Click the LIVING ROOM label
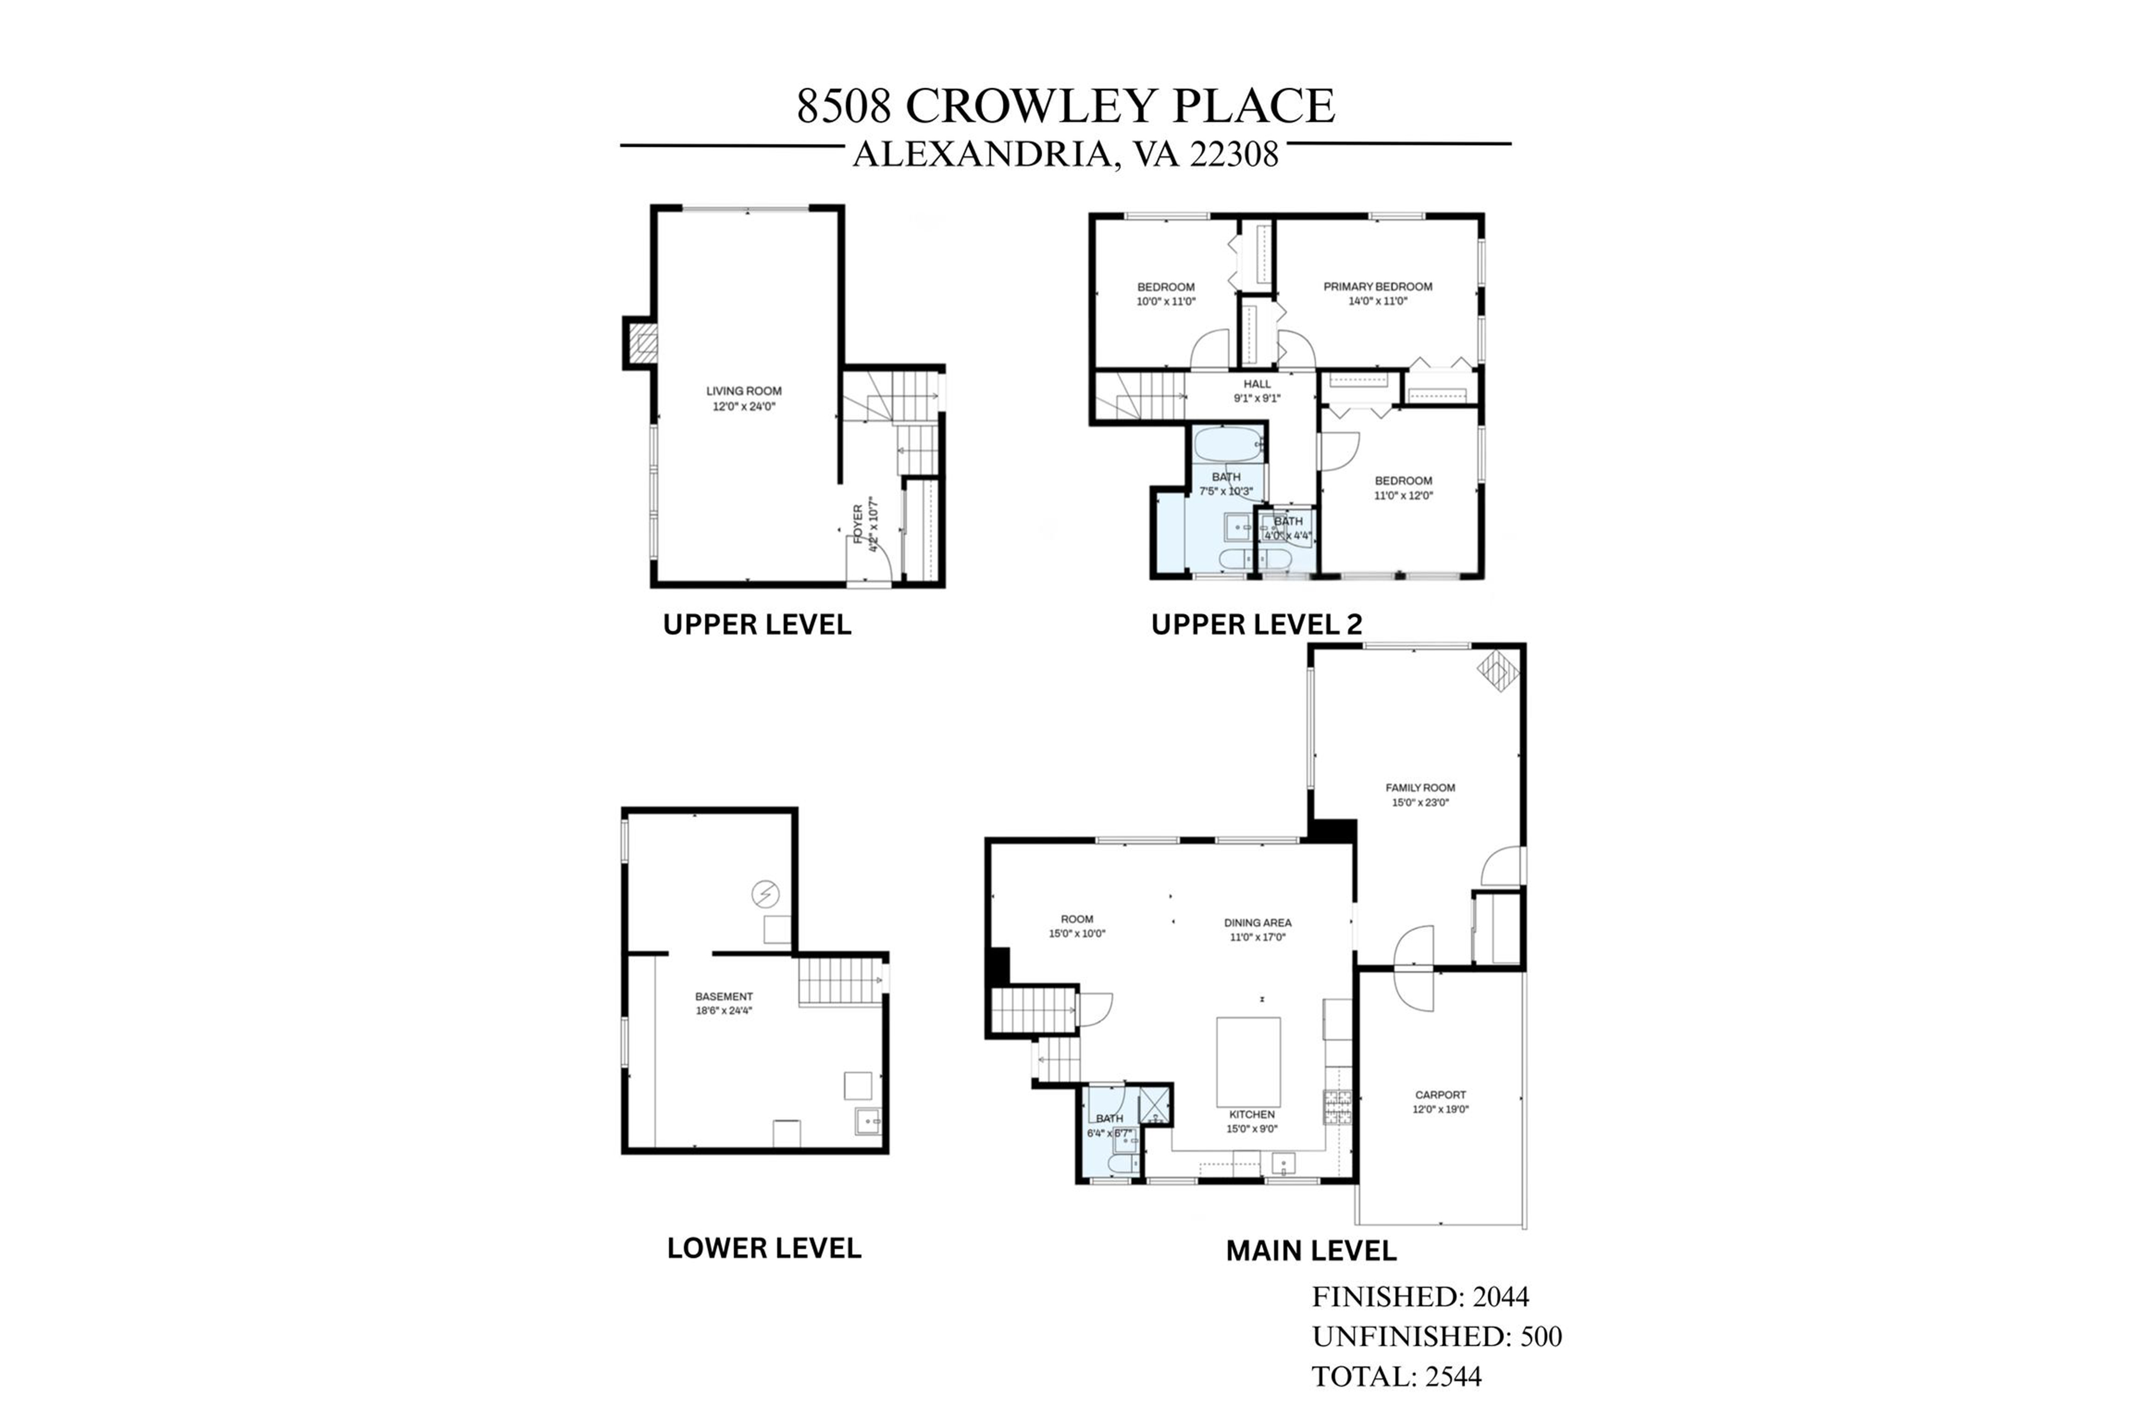pyautogui.click(x=743, y=391)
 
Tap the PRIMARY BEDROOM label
pyautogui.click(x=1378, y=287)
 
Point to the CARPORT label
pyautogui.click(x=1440, y=1095)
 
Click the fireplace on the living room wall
pyautogui.click(x=642, y=343)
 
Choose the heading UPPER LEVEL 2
pyautogui.click(x=1256, y=625)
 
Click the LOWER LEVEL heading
pyautogui.click(x=764, y=1248)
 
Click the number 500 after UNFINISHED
pyautogui.click(x=1540, y=1337)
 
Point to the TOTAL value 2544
pyautogui.click(x=1453, y=1377)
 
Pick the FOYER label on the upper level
pyautogui.click(x=858, y=524)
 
